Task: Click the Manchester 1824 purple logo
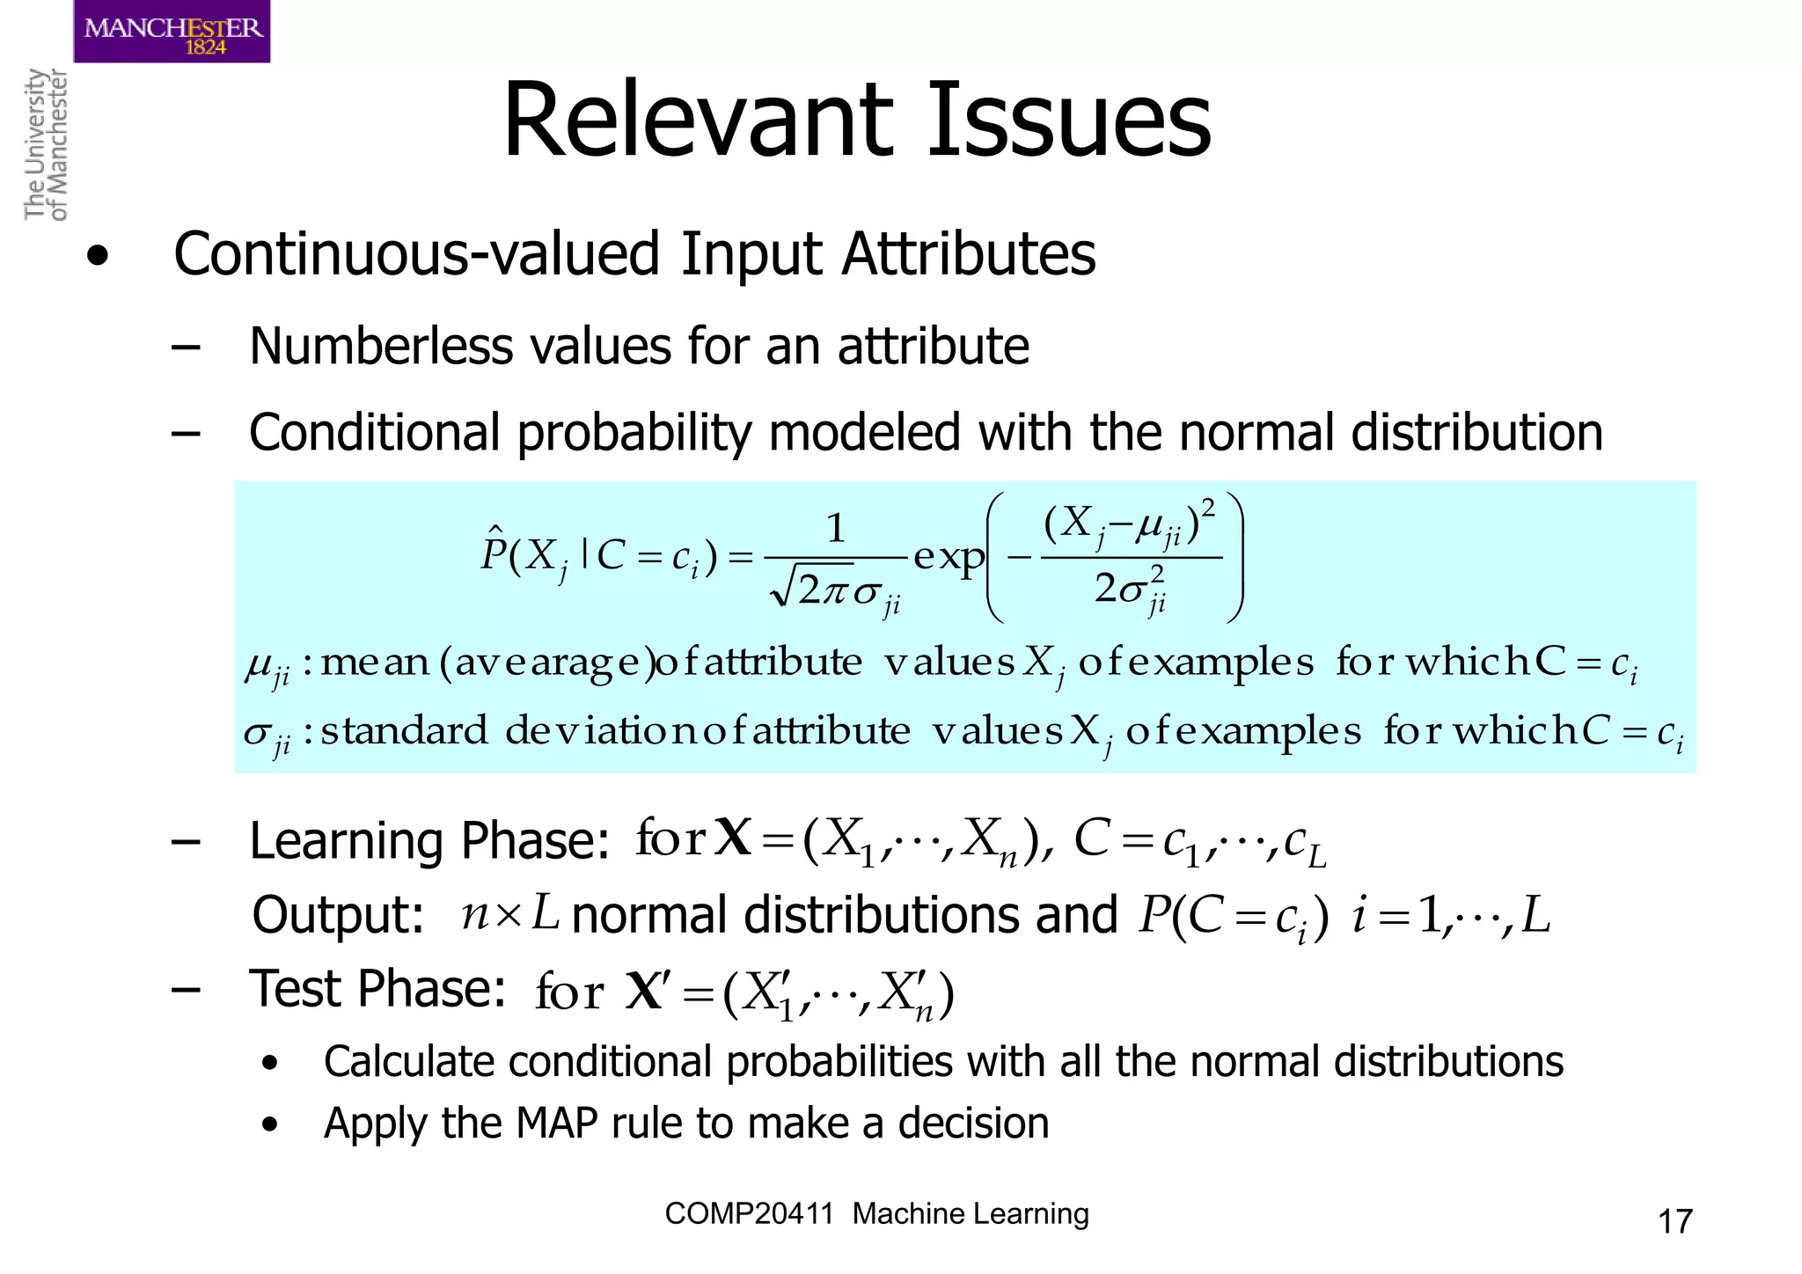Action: click(172, 32)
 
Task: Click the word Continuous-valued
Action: click(417, 254)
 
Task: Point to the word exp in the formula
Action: click(949, 556)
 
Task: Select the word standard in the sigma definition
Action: click(404, 731)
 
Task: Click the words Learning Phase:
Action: click(429, 840)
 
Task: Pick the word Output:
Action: click(339, 915)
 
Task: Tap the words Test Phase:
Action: click(377, 988)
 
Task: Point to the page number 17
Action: click(1674, 1221)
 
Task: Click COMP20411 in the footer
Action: click(749, 1214)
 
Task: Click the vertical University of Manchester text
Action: click(45, 144)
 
